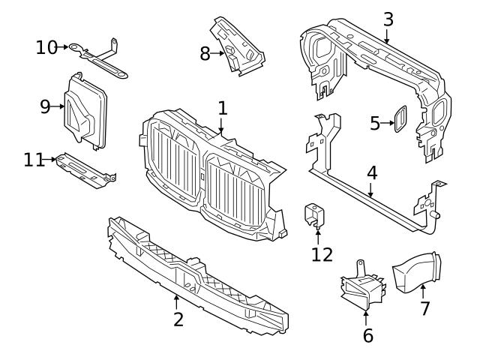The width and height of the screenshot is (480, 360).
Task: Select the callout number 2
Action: click(x=178, y=319)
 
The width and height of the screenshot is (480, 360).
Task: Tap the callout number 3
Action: click(x=387, y=18)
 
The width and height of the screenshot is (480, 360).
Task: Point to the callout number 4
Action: click(x=372, y=172)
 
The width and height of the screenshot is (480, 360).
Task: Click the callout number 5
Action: click(x=376, y=122)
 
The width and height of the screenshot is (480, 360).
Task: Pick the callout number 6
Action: click(x=367, y=335)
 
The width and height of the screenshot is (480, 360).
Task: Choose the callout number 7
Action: click(x=424, y=307)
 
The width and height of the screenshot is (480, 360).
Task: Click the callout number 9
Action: click(x=46, y=106)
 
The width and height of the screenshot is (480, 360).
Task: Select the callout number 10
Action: click(x=46, y=48)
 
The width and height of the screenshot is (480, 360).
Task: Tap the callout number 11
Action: click(x=34, y=159)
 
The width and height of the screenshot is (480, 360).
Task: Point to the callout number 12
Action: click(x=322, y=254)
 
